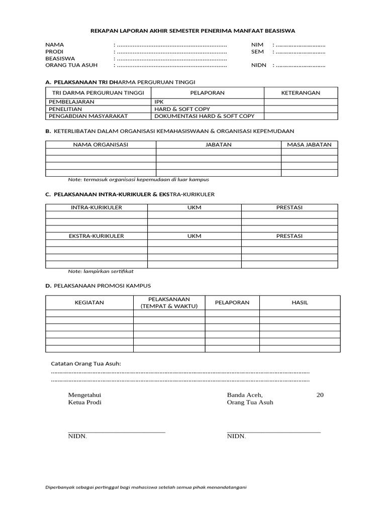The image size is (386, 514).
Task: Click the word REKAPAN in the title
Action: point(103,31)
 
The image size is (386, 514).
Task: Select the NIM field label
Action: point(257,45)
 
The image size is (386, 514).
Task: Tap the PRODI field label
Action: point(54,52)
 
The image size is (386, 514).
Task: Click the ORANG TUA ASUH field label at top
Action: point(71,65)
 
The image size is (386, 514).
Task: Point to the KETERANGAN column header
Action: point(301,93)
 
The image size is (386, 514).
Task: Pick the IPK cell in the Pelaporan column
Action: point(159,102)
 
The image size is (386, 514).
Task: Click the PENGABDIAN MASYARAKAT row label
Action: point(88,116)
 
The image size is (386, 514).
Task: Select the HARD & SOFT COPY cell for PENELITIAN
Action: point(182,109)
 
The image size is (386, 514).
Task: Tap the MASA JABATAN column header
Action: point(309,145)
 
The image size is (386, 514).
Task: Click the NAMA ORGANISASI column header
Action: point(101,145)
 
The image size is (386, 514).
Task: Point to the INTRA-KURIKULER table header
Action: point(96,207)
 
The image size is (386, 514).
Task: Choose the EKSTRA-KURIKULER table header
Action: point(97,235)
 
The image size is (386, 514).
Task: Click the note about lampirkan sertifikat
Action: point(101,271)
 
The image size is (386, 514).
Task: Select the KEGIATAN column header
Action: point(89,303)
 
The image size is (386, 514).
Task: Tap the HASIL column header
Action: point(300,303)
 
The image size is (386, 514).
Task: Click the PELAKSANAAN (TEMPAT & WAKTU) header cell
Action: point(169,303)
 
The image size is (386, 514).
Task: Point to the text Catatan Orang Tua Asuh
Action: point(86,363)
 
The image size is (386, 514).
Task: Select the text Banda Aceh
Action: point(245,395)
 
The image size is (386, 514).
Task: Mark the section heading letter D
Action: point(48,285)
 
